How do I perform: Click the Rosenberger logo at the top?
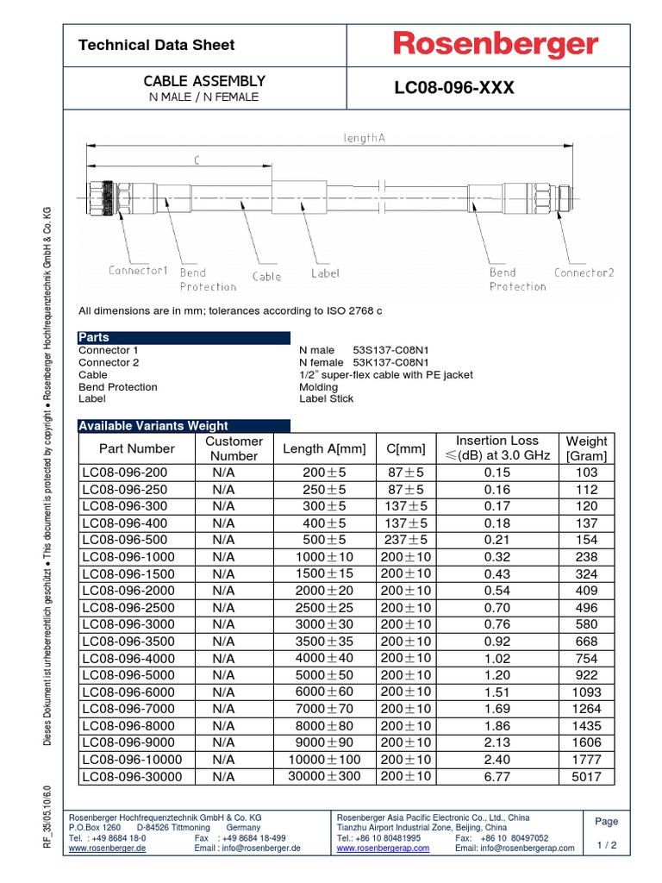pyautogui.click(x=496, y=45)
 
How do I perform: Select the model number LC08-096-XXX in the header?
pyautogui.click(x=453, y=88)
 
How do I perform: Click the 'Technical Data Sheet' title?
pyautogui.click(x=156, y=45)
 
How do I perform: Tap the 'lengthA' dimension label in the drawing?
pyautogui.click(x=364, y=138)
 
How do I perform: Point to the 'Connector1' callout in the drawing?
pyautogui.click(x=138, y=271)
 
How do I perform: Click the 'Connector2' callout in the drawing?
pyautogui.click(x=584, y=272)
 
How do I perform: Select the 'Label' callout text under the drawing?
pyautogui.click(x=325, y=273)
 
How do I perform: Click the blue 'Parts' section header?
pyautogui.click(x=94, y=337)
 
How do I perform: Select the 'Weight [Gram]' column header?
pyautogui.click(x=586, y=448)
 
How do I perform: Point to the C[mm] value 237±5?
pyautogui.click(x=406, y=540)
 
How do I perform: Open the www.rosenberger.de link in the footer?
pyautogui.click(x=107, y=848)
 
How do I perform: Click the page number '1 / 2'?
pyautogui.click(x=607, y=845)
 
